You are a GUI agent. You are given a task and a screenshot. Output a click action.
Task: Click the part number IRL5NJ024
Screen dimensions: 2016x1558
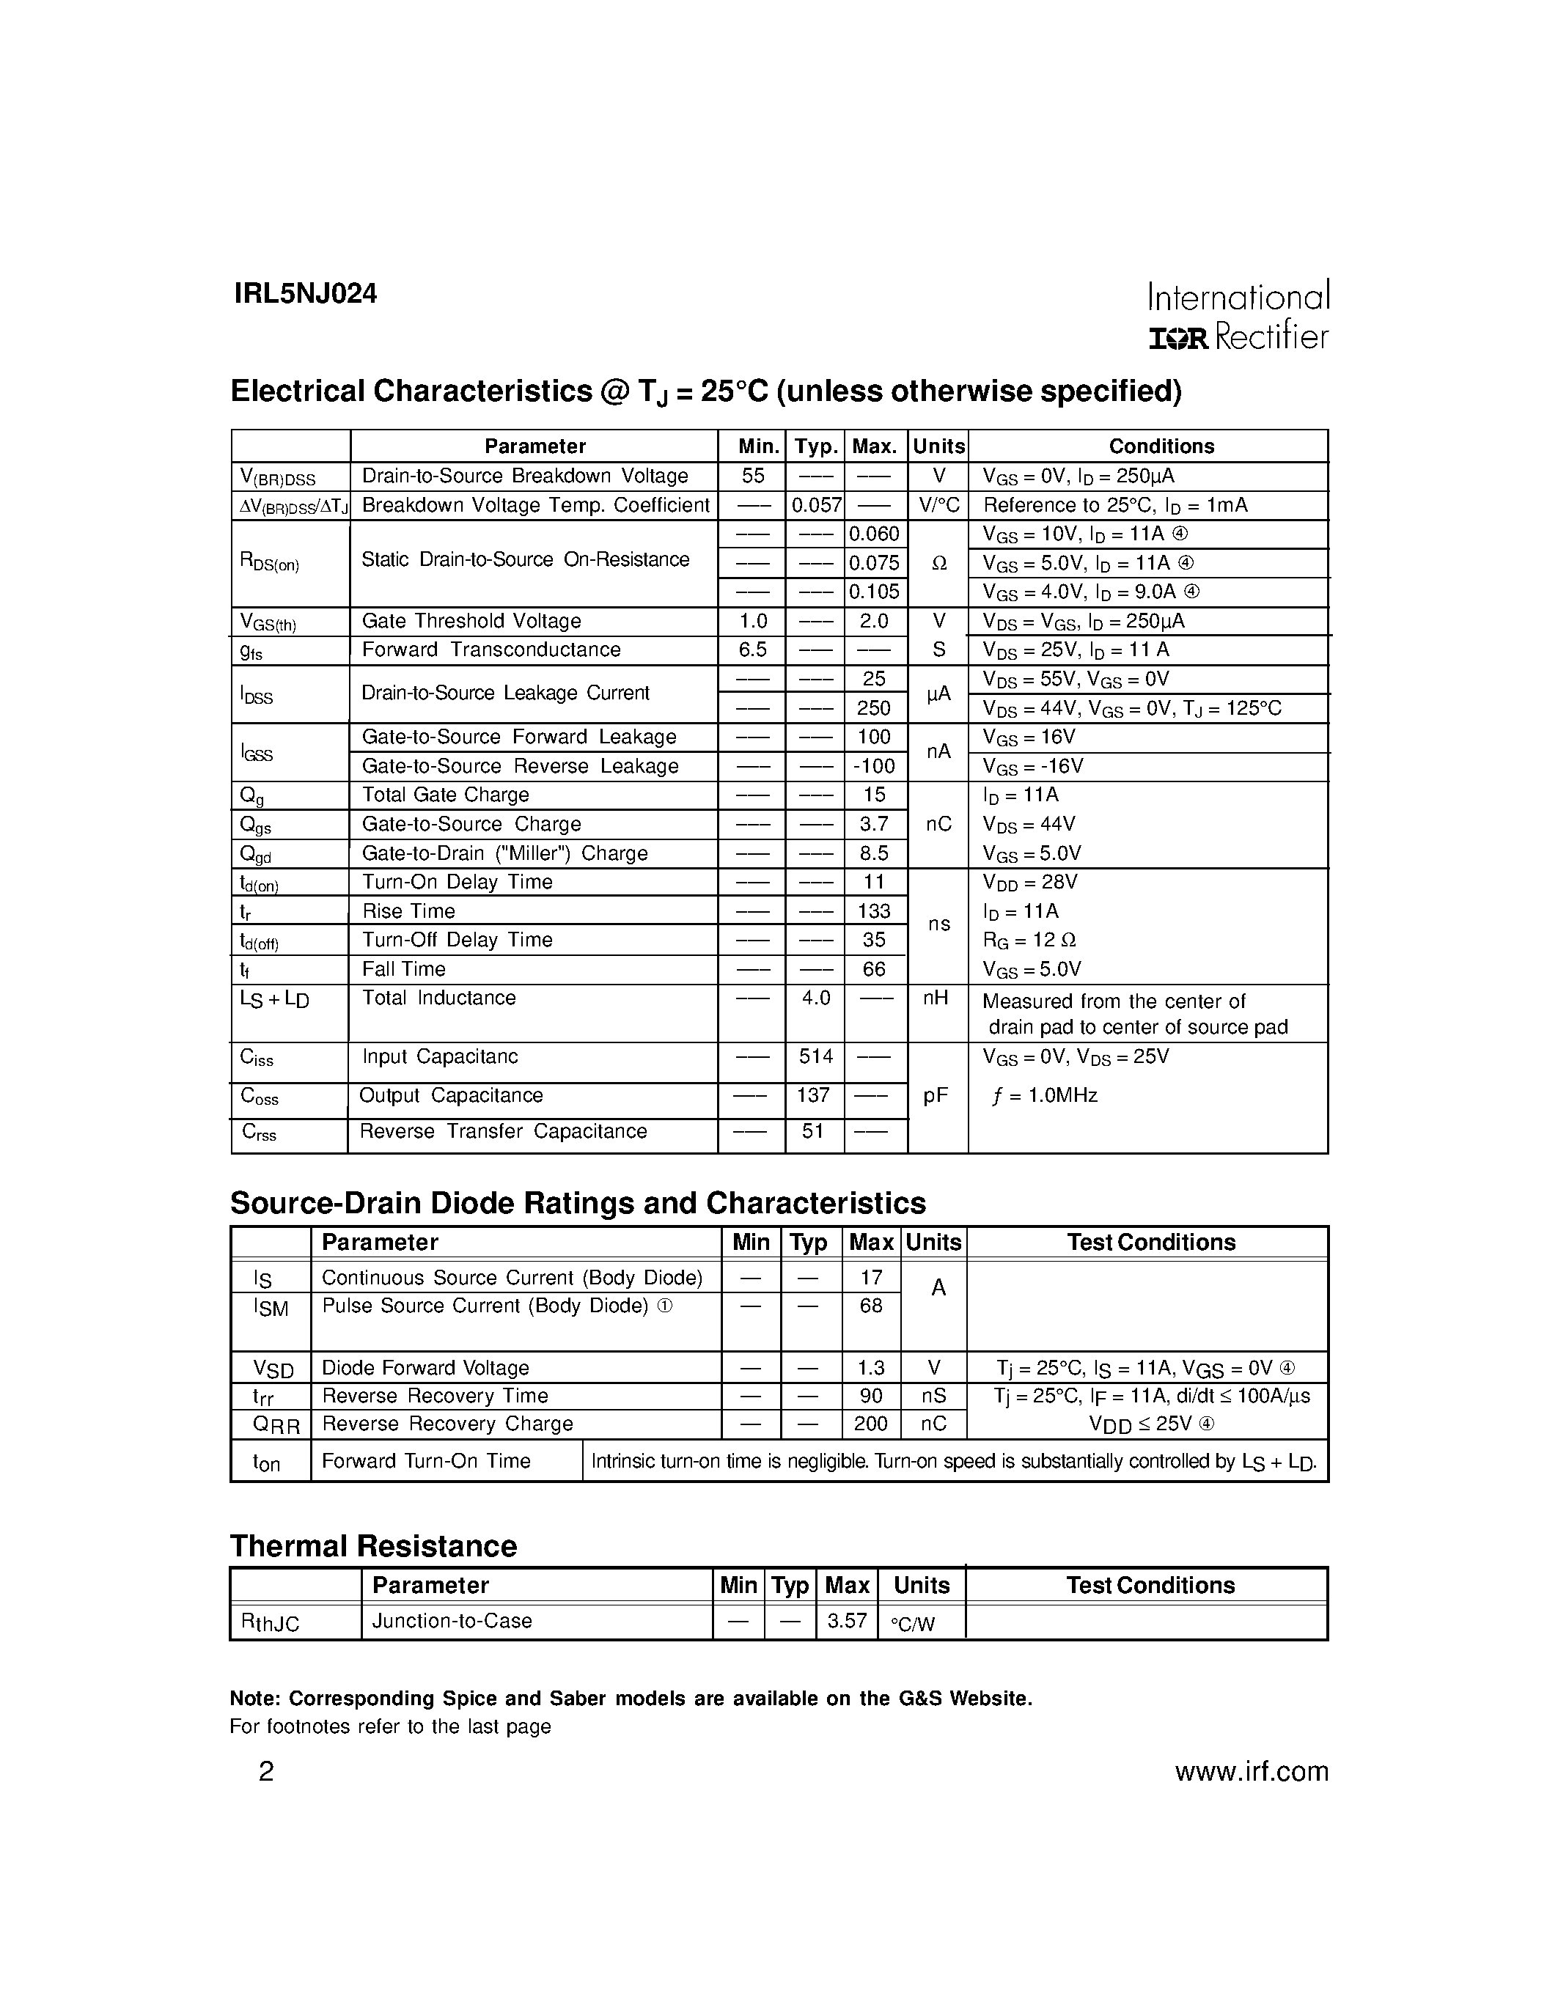(x=306, y=293)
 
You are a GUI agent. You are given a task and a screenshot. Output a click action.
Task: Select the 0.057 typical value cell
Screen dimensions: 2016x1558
(x=817, y=505)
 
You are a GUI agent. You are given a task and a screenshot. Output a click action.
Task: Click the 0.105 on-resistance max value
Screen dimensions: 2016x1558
(x=874, y=591)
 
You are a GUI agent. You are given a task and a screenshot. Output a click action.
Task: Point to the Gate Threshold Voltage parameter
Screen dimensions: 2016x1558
(x=471, y=620)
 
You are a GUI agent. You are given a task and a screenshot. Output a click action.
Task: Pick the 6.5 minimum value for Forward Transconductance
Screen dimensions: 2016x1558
(x=752, y=649)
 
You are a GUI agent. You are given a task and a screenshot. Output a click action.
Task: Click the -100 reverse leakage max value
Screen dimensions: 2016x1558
(x=872, y=765)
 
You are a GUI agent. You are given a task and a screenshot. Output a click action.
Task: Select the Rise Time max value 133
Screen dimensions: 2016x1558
(x=873, y=911)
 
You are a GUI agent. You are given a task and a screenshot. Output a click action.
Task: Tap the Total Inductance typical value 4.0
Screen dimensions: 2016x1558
(x=816, y=998)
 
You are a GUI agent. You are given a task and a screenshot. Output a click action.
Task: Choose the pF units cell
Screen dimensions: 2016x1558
(x=936, y=1096)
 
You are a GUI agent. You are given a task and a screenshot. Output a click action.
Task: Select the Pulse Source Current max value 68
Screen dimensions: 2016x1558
(x=870, y=1305)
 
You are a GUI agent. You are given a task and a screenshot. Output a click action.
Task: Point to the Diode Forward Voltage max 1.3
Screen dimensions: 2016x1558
(x=870, y=1367)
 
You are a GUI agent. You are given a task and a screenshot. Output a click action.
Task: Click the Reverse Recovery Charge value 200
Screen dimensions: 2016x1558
(x=870, y=1424)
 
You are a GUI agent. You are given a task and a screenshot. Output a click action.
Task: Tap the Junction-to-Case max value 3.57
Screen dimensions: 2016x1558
(x=846, y=1620)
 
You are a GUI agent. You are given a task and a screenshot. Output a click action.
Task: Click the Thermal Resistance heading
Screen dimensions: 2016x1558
(x=373, y=1546)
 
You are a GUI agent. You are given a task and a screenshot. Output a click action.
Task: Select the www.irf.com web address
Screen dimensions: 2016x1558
(x=1251, y=1771)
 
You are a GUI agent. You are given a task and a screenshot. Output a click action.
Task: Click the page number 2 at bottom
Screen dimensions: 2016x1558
(x=266, y=1771)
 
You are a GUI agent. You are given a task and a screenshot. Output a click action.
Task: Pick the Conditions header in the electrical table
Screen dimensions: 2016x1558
(x=1161, y=446)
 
